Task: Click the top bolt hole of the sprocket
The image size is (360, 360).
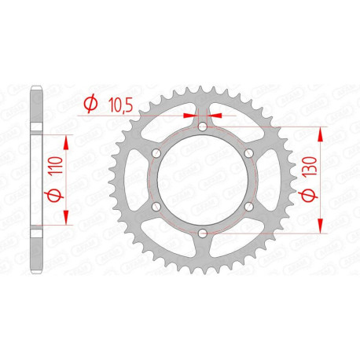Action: (202, 127)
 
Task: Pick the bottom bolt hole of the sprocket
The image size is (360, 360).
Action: (202, 233)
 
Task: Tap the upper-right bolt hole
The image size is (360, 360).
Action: (248, 153)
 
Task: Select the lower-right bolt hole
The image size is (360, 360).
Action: (248, 207)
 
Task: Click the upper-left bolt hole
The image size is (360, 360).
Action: (156, 153)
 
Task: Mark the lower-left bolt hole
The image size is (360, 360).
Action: (156, 207)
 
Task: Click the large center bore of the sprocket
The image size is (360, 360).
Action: (202, 180)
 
